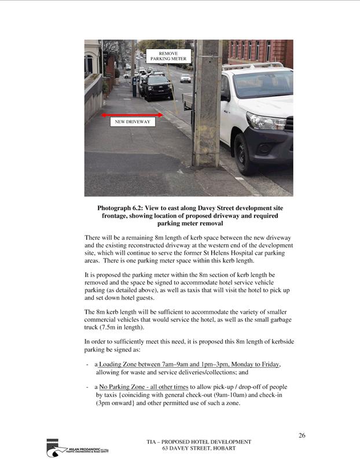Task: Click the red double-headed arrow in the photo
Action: click(x=137, y=116)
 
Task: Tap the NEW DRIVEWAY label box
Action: click(x=133, y=122)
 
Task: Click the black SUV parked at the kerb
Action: click(x=157, y=87)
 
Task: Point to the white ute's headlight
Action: click(x=266, y=121)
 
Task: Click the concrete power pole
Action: click(x=207, y=104)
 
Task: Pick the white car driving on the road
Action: click(x=185, y=78)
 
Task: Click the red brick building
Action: click(x=260, y=52)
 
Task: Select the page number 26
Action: click(x=302, y=435)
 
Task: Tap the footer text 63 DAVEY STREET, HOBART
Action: click(x=199, y=449)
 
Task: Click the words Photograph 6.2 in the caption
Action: click(x=119, y=208)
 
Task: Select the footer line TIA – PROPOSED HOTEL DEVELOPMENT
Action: click(x=199, y=442)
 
